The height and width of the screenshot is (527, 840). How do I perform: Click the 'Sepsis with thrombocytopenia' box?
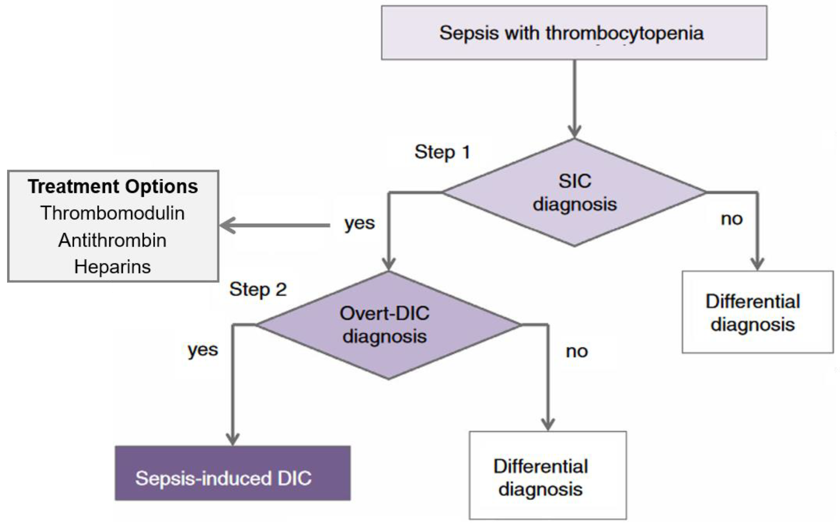click(574, 33)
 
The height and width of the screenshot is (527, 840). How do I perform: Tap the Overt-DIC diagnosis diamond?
click(388, 325)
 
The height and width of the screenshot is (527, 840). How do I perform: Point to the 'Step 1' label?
click(442, 152)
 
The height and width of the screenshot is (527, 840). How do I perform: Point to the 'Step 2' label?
click(258, 289)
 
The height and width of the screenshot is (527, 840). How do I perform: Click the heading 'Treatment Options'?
click(113, 187)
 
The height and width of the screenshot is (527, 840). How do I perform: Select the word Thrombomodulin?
click(112, 213)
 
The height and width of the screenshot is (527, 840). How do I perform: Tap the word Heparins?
click(112, 267)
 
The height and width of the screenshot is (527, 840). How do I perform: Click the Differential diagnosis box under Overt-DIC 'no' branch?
click(548, 475)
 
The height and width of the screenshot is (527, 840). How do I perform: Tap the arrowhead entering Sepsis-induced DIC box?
click(232, 439)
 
